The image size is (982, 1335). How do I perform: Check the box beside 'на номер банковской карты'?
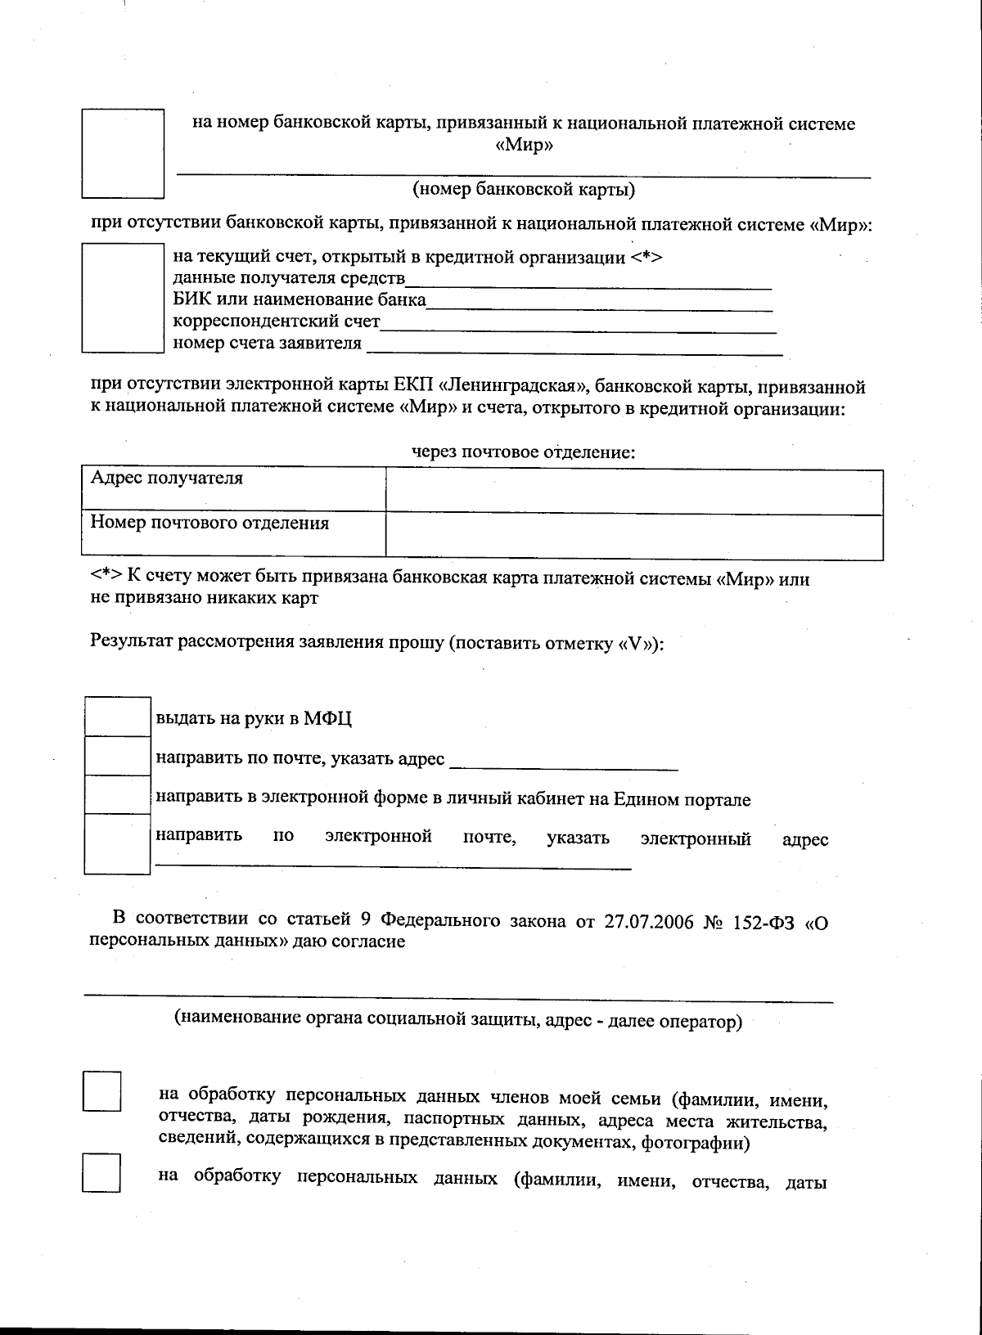(x=123, y=153)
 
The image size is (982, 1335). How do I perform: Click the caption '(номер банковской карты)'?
(x=524, y=191)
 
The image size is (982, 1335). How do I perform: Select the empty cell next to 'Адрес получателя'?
(x=634, y=491)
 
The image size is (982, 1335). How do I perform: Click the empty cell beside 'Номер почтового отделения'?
(x=634, y=537)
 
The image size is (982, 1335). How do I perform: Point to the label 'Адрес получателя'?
(x=166, y=479)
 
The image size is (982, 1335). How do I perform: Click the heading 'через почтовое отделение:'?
(x=523, y=452)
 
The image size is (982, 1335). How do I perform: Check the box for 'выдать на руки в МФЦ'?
(x=118, y=716)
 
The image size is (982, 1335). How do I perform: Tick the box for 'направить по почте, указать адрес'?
(x=118, y=755)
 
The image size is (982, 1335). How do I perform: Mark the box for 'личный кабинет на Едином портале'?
(x=118, y=794)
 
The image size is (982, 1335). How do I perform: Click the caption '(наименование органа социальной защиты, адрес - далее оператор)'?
(x=457, y=1021)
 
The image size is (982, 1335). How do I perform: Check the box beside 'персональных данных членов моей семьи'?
(x=102, y=1091)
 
